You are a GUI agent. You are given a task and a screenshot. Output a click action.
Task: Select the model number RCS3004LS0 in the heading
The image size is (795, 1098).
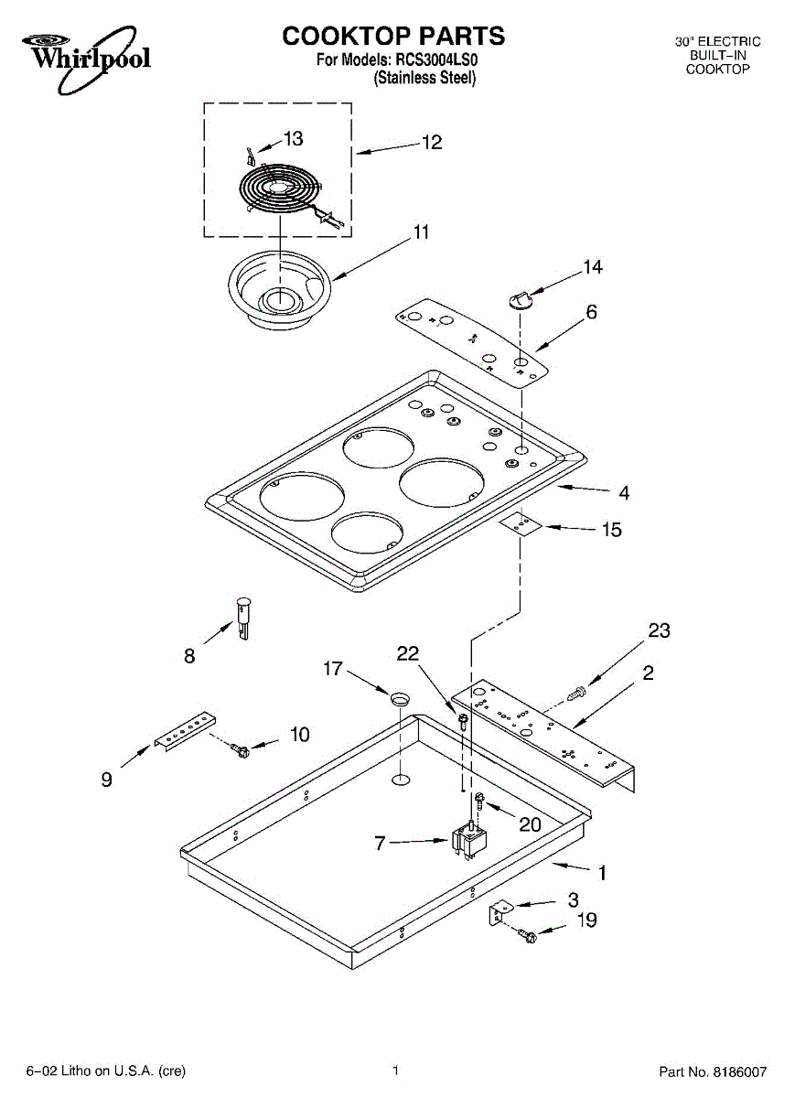(433, 59)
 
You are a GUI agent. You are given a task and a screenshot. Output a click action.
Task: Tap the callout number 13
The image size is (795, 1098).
(293, 139)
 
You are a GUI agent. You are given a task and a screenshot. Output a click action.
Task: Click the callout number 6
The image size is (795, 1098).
(592, 312)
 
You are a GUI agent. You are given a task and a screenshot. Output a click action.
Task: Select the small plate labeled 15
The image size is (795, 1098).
(521, 525)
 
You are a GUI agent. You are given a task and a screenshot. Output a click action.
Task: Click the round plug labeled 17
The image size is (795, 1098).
(401, 698)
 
